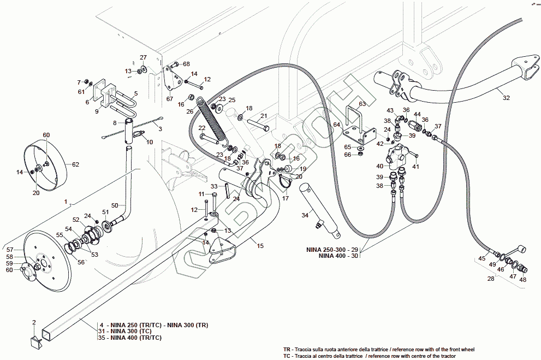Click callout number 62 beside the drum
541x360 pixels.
coord(75,164)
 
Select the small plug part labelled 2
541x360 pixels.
coord(37,343)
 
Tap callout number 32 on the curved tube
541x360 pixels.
coord(506,98)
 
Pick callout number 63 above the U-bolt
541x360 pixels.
coord(362,103)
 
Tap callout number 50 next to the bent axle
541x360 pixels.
coord(115,205)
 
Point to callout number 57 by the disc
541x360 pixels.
coord(9,250)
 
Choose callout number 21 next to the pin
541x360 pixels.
coord(263,116)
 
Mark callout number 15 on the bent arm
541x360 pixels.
coord(260,246)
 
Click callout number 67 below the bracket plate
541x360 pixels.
coord(170,99)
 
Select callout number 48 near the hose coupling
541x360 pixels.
coord(523,280)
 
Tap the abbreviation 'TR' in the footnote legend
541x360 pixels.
coord(287,349)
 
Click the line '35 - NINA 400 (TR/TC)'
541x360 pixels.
coord(130,338)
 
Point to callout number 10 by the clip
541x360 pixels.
coord(150,142)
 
